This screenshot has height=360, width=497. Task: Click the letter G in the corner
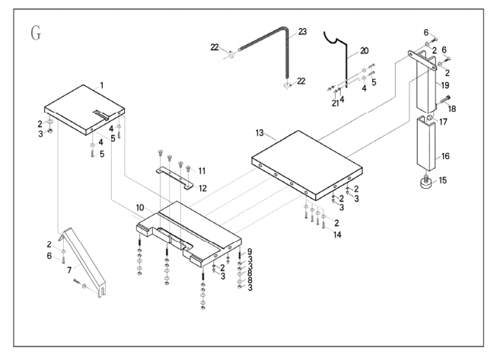click(36, 33)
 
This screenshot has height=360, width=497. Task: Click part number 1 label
click(102, 85)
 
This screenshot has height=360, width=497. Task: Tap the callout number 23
click(302, 32)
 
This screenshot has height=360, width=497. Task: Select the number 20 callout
click(365, 51)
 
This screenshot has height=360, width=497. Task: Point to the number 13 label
click(260, 132)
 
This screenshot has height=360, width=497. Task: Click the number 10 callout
click(140, 208)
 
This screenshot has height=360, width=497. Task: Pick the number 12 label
click(202, 189)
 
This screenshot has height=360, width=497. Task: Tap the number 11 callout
click(202, 171)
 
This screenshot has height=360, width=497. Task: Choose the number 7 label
click(69, 270)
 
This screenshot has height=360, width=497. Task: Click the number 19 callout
click(445, 85)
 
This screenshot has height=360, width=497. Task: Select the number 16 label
click(445, 156)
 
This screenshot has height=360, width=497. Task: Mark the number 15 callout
click(442, 180)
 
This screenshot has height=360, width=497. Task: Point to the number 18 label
click(451, 109)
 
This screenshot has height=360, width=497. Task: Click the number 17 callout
click(443, 122)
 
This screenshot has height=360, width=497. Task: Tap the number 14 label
click(337, 235)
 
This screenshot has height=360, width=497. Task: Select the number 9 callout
click(250, 252)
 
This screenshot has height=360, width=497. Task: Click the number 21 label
click(336, 104)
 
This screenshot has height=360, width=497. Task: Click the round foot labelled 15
click(426, 183)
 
